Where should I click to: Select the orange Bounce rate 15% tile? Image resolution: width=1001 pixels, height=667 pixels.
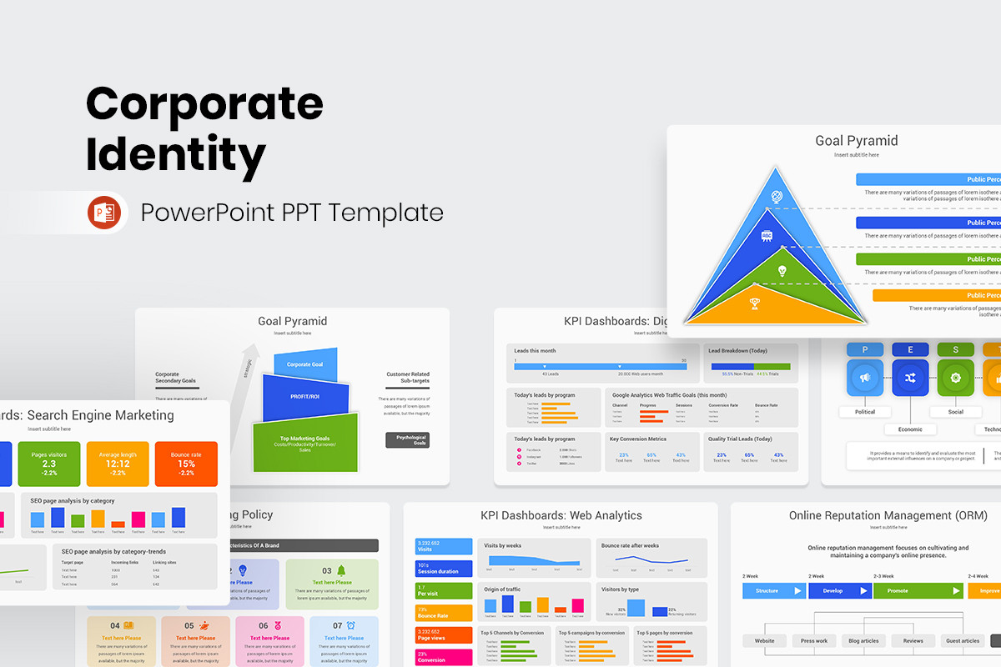tap(186, 464)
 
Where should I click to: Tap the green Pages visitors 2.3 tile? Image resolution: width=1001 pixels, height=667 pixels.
tap(49, 464)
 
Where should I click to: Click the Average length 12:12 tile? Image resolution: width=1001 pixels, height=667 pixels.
tap(118, 464)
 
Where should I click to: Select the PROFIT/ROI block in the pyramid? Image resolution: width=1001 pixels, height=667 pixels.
tap(304, 397)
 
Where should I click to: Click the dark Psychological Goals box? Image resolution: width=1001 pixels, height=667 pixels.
tap(407, 440)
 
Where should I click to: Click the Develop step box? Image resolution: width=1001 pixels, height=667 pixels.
tap(840, 590)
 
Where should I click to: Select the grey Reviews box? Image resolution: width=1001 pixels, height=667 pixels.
tap(913, 641)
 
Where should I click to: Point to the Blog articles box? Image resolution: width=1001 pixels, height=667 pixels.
tap(863, 641)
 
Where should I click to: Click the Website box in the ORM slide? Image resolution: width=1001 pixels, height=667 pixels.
tap(765, 641)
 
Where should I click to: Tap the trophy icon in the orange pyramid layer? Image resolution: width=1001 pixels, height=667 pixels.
tap(756, 303)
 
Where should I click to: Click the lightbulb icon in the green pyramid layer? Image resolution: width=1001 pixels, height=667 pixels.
tap(782, 271)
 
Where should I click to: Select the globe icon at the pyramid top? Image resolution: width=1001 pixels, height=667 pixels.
tap(776, 197)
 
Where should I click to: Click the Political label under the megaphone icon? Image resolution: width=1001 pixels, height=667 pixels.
tap(865, 412)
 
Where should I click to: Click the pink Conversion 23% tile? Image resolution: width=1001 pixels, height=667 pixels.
tap(443, 657)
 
